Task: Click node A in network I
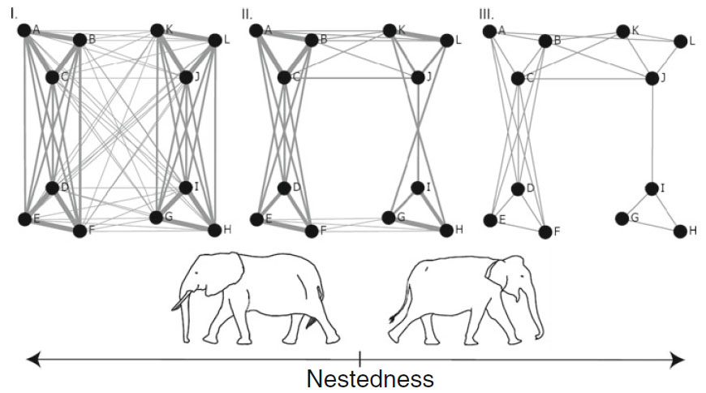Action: pyautogui.click(x=24, y=30)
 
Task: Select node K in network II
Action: pyautogui.click(x=390, y=31)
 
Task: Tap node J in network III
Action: pyautogui.click(x=652, y=78)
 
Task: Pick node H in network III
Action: pyautogui.click(x=680, y=231)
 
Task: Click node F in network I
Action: pyautogui.click(x=80, y=231)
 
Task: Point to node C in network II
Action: pyautogui.click(x=284, y=77)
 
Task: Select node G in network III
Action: pyautogui.click(x=622, y=218)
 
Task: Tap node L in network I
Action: pyautogui.click(x=214, y=40)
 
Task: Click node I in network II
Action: pyautogui.click(x=418, y=188)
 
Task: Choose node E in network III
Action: pyautogui.click(x=489, y=220)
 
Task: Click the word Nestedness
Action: pyautogui.click(x=370, y=379)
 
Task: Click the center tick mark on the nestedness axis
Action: pyautogui.click(x=359, y=357)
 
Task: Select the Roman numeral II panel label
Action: pyautogui.click(x=248, y=14)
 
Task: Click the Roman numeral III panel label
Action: pyautogui.click(x=486, y=14)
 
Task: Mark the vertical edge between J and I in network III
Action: pyautogui.click(x=652, y=134)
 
